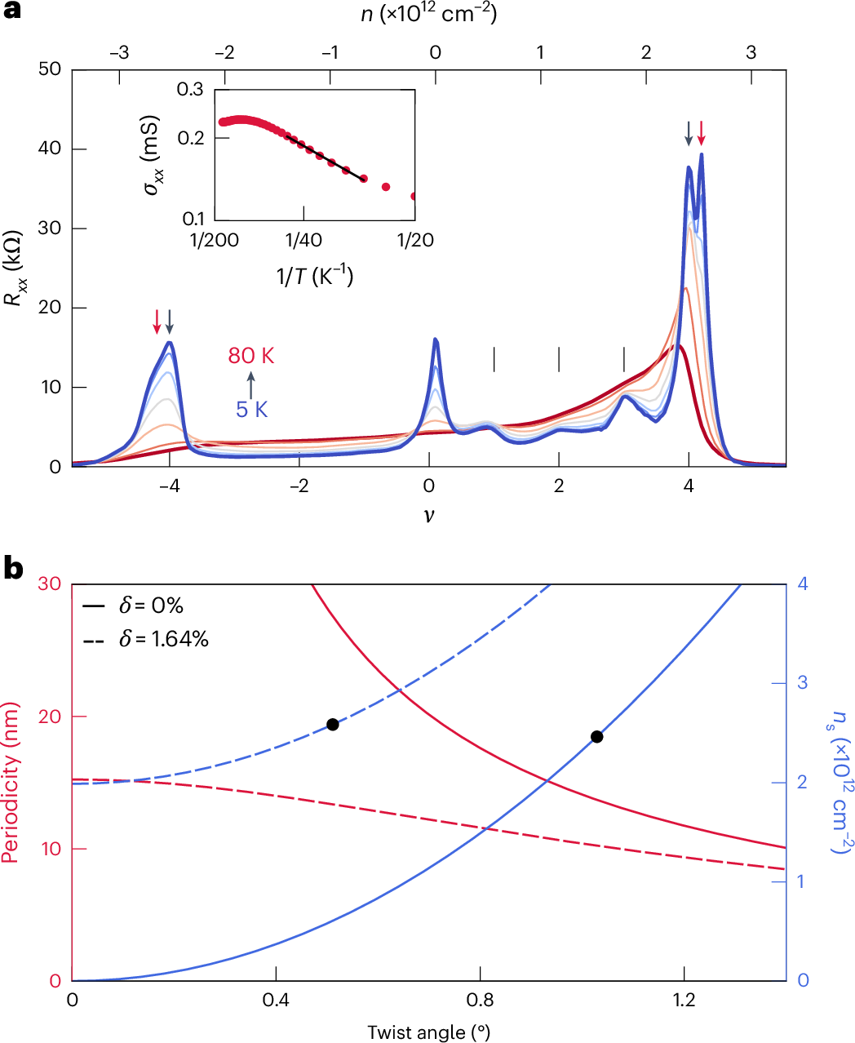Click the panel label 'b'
[13, 568]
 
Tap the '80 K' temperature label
[251, 356]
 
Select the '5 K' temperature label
[252, 409]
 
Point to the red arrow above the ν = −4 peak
[157, 322]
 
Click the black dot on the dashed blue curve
[332, 725]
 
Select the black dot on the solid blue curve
[596, 737]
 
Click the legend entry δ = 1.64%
[147, 639]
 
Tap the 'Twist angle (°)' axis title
[428, 1032]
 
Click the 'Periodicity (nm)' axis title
[11, 784]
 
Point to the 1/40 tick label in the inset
[303, 241]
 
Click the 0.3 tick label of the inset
[190, 89]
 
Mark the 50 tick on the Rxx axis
[50, 69]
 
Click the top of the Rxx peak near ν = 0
[436, 340]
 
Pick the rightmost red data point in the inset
[414, 196]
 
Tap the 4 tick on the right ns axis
[803, 584]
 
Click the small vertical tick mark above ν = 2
[559, 359]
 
